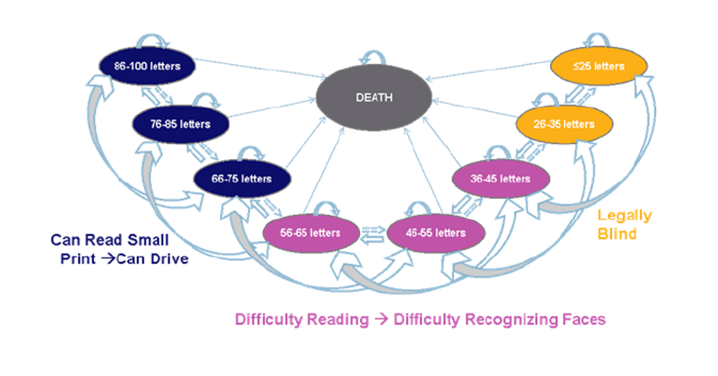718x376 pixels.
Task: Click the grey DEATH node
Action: pyautogui.click(x=374, y=98)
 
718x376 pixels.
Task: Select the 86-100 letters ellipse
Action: pyautogui.click(x=147, y=66)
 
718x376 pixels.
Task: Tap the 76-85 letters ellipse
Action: pyautogui.click(x=180, y=124)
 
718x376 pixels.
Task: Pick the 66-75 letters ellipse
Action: pyautogui.click(x=242, y=178)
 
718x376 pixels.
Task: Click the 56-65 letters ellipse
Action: pyautogui.click(x=310, y=233)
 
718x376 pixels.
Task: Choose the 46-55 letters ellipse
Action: pyautogui.click(x=436, y=233)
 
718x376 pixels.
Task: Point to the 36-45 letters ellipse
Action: pyautogui.click(x=500, y=178)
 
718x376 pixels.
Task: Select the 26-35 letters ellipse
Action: pyautogui.click(x=564, y=124)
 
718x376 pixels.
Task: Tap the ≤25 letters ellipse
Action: pyautogui.click(x=598, y=66)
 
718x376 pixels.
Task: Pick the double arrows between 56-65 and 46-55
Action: pyautogui.click(x=373, y=234)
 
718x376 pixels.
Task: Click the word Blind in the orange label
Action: pyautogui.click(x=617, y=233)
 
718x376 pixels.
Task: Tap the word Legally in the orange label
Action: pyautogui.click(x=624, y=215)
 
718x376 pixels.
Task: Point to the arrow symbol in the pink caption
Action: pyautogui.click(x=381, y=319)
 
